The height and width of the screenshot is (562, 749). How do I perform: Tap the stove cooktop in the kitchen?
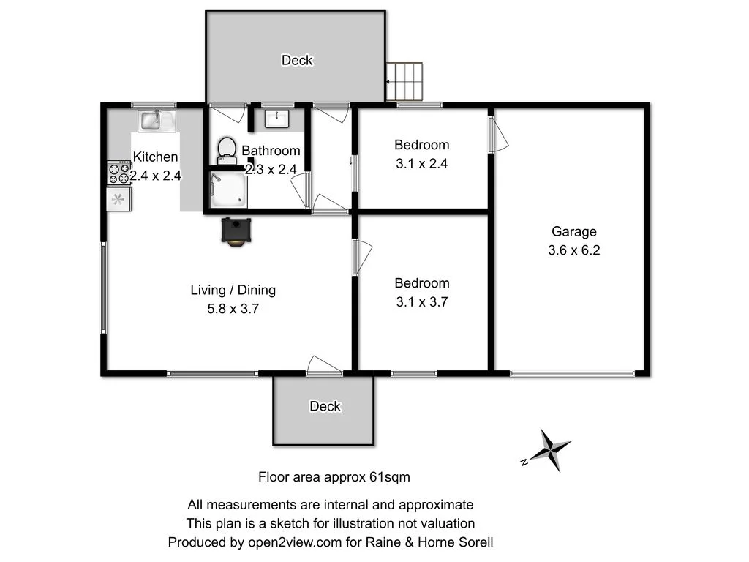[x=118, y=173]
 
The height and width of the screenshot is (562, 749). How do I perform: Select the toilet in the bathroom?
[x=227, y=150]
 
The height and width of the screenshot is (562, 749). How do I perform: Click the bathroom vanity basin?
[x=277, y=118]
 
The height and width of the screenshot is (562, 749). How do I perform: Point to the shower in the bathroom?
[x=229, y=190]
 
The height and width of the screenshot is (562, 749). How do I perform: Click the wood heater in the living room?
[x=235, y=231]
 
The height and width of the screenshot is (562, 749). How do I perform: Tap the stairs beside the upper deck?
[x=404, y=81]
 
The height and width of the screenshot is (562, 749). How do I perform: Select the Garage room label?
[x=573, y=232]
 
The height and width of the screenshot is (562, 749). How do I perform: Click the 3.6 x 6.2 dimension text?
[x=573, y=250]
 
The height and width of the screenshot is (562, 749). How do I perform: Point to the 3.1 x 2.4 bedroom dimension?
[x=421, y=164]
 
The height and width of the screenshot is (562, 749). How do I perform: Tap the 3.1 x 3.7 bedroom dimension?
[x=421, y=301]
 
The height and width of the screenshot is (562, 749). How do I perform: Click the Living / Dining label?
[x=233, y=290]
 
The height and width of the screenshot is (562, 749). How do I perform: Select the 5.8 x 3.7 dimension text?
[x=233, y=309]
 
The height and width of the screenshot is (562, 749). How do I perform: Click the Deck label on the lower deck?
[x=325, y=406]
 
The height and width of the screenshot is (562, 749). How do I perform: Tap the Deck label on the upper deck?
[x=297, y=61]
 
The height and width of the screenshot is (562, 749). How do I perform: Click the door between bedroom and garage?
[x=498, y=135]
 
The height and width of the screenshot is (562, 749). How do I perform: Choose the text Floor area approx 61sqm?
[x=334, y=477]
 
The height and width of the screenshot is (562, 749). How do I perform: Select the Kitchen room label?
[x=155, y=157]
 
